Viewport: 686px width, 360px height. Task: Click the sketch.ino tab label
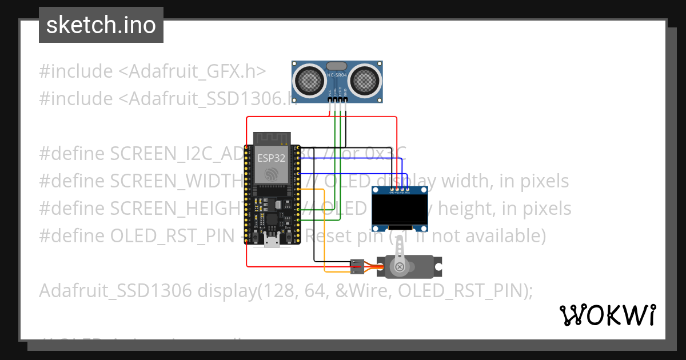101,25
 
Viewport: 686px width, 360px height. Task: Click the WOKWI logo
607,315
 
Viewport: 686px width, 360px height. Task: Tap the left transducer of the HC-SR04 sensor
310,81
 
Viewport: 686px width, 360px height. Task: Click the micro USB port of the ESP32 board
272,240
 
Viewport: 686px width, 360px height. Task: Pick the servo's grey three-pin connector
357,266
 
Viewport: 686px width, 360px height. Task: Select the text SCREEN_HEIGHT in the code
166,208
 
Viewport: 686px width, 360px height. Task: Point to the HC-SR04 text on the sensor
337,75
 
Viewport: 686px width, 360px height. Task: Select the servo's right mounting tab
437,266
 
